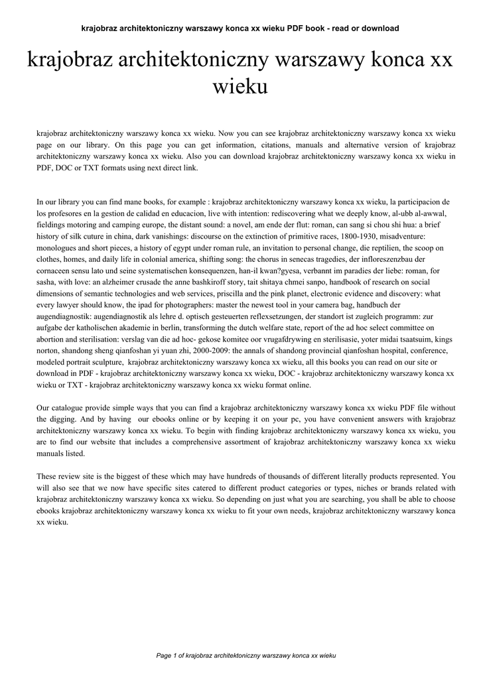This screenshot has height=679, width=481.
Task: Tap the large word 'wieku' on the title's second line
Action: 240,86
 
